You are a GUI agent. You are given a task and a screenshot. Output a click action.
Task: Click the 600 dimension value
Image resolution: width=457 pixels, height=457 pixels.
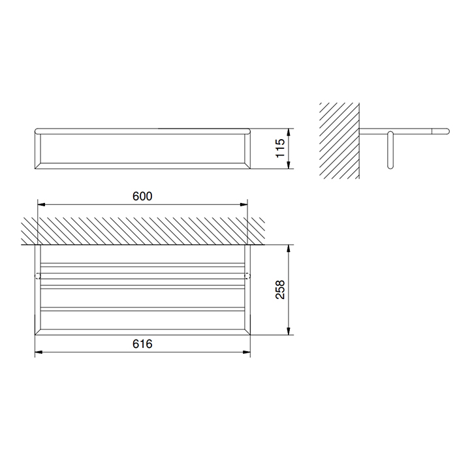coord(142,196)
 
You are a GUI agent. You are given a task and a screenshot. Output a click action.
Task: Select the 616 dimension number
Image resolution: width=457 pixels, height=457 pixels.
coord(142,344)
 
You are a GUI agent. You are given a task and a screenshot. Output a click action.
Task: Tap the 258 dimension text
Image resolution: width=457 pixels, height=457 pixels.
coord(280,289)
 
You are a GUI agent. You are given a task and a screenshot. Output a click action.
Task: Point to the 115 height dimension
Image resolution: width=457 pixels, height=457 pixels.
coord(280,148)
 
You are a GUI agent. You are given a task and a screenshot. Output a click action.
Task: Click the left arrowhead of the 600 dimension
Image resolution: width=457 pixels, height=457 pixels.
coord(41,204)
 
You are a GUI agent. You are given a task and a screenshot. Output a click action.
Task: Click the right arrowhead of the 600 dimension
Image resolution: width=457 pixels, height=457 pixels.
coord(244,204)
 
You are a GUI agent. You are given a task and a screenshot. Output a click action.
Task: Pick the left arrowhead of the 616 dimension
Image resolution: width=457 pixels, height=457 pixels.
coord(39,352)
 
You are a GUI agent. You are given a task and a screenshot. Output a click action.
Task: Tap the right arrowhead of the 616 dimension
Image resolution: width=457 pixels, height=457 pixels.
coord(247,352)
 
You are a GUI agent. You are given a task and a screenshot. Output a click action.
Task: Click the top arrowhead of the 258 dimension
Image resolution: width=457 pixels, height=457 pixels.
coord(289,249)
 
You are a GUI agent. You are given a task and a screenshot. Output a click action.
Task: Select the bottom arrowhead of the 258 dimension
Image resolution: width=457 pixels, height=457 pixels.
coord(289,331)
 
